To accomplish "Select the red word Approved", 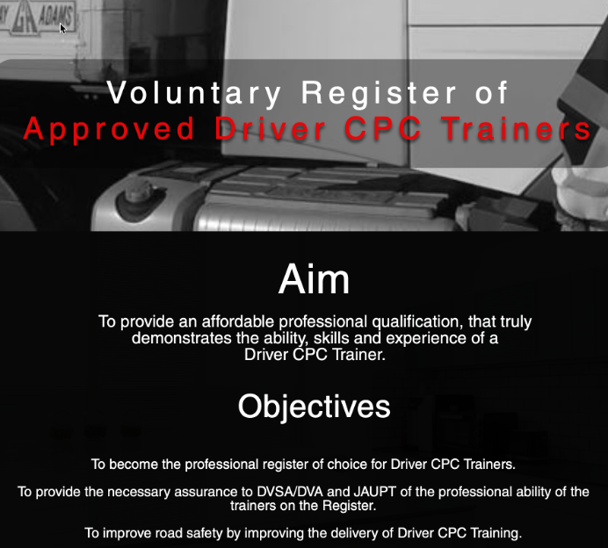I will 110,129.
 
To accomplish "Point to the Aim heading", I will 314,280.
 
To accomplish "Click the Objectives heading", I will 314,407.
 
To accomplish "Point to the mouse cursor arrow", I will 62,28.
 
